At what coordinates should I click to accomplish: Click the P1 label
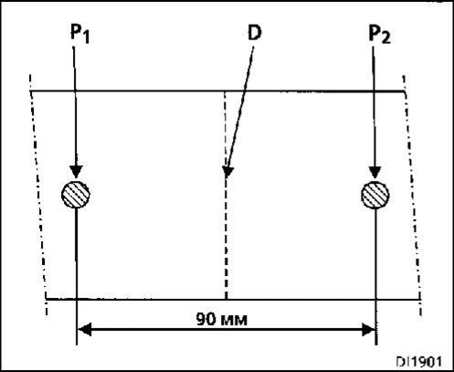(79, 34)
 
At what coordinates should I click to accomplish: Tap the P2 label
(379, 34)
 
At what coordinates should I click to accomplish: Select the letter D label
(254, 33)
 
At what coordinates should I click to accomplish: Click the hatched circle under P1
(76, 195)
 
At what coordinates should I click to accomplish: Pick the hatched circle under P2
(375, 195)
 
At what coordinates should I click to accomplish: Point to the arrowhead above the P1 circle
(76, 172)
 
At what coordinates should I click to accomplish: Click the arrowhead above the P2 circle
(375, 172)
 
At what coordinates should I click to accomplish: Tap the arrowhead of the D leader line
(227, 171)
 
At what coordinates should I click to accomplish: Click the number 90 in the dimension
(206, 319)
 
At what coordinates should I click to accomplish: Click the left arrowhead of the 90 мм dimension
(85, 329)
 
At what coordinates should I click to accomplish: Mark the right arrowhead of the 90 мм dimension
(368, 330)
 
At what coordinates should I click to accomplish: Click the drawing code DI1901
(418, 362)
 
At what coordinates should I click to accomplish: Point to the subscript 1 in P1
(86, 37)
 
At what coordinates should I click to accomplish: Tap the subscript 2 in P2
(385, 38)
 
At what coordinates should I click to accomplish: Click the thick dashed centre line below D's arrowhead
(226, 239)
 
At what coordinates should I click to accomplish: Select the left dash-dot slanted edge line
(38, 195)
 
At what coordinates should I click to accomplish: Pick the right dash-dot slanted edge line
(413, 195)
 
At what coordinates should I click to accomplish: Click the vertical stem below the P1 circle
(76, 276)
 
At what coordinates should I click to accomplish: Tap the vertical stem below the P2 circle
(375, 277)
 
